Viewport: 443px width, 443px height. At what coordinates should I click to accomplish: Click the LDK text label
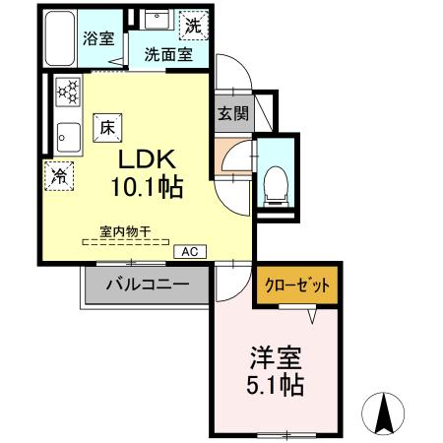click(149, 160)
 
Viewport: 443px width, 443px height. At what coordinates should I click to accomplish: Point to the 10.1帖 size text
click(149, 187)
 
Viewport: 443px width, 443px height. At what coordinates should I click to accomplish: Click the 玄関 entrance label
click(233, 112)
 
